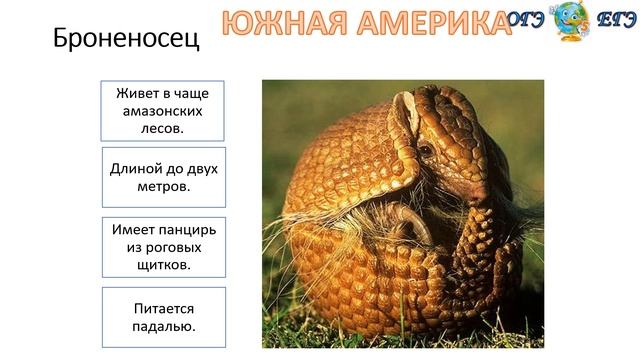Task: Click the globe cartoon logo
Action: [571, 21]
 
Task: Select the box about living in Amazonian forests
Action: [164, 110]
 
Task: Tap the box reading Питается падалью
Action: [164, 317]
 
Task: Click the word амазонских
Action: [164, 110]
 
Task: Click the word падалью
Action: [164, 326]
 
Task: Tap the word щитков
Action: [164, 264]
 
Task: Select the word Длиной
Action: [135, 169]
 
